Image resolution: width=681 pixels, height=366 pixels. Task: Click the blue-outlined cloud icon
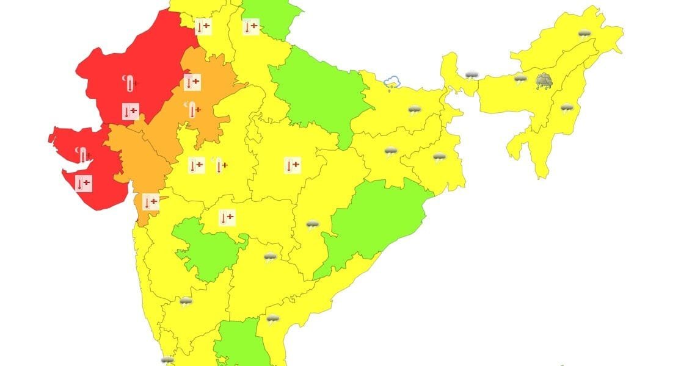391,82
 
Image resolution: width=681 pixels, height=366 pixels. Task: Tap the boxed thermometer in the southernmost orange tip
150,202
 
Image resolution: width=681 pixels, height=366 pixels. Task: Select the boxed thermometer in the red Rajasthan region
131,111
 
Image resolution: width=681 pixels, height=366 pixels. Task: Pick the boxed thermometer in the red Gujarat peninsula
84,182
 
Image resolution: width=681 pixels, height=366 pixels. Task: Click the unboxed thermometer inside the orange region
193,110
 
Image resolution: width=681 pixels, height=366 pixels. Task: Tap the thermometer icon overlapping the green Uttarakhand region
250,27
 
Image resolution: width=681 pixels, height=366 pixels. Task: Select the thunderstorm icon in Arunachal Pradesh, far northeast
584,34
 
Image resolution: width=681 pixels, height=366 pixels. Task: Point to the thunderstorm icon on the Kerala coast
167,361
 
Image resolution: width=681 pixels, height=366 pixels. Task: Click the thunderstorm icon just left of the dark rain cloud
520,79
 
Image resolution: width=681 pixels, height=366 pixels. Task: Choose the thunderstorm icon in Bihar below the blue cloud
415,111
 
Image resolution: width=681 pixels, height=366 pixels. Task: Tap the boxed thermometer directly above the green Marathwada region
227,217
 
